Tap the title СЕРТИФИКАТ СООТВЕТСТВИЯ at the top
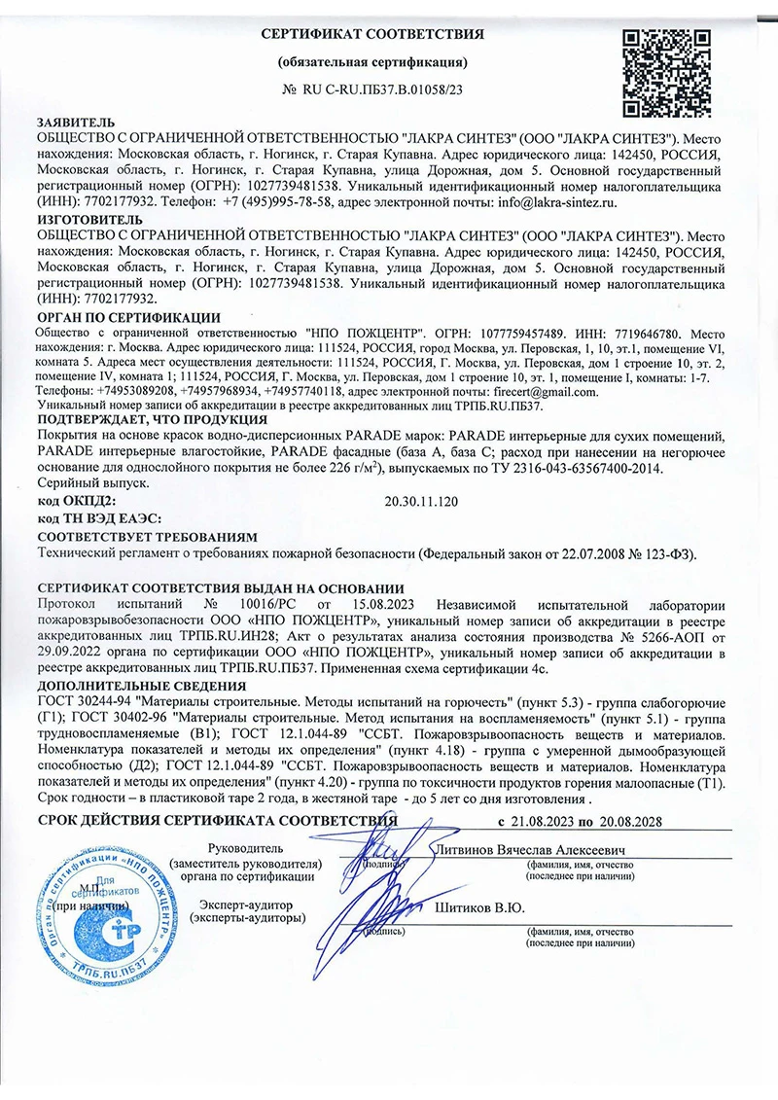[373, 35]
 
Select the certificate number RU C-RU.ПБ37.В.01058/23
[382, 89]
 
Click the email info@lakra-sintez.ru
[548, 202]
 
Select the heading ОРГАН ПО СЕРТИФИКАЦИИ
[129, 317]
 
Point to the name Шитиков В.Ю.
[477, 908]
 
